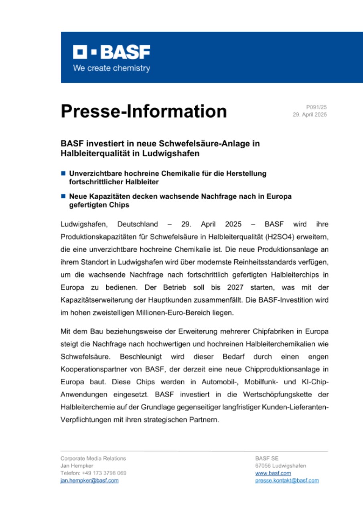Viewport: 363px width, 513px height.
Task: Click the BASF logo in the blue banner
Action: pyautogui.click(x=112, y=52)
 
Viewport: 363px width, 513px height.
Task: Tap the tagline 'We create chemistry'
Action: pyautogui.click(x=112, y=68)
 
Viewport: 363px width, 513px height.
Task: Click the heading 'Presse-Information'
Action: pyautogui.click(x=144, y=111)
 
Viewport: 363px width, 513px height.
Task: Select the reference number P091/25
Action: pyautogui.click(x=316, y=107)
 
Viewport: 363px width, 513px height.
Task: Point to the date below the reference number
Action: pyautogui.click(x=311, y=115)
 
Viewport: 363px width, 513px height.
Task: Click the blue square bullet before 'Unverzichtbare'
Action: pyautogui.click(x=63, y=174)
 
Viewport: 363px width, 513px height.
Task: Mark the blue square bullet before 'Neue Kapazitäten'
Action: pyautogui.click(x=63, y=196)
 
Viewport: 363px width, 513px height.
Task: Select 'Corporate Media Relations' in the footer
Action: pyautogui.click(x=93, y=458)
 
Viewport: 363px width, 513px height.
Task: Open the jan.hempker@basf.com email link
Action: pyautogui.click(x=89, y=480)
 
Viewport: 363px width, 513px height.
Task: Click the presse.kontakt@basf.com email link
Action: pyautogui.click(x=287, y=480)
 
